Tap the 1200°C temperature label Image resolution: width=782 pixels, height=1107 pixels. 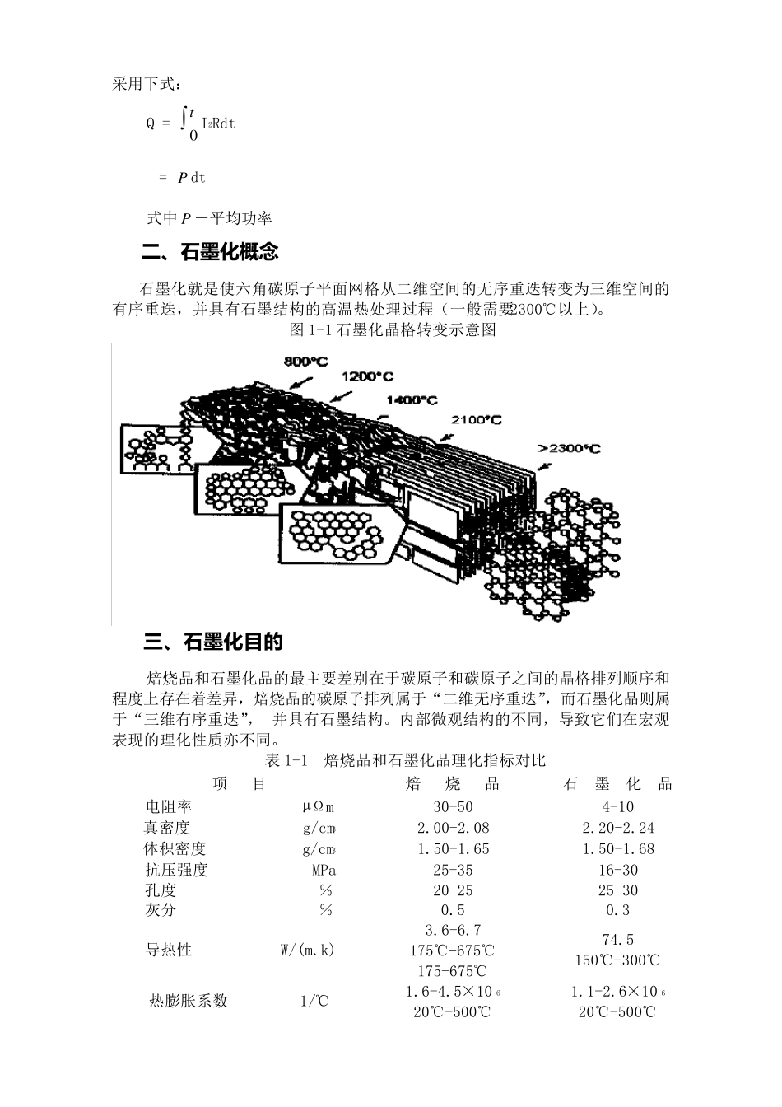tap(367, 376)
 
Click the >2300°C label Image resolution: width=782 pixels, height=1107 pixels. tap(570, 448)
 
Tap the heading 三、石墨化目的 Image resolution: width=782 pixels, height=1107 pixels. tap(213, 642)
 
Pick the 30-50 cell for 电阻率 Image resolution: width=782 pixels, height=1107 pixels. tap(453, 807)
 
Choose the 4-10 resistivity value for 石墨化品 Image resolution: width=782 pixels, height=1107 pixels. tap(617, 807)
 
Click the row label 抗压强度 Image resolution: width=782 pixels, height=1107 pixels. tap(176, 870)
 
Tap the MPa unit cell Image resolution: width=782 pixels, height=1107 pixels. tap(324, 870)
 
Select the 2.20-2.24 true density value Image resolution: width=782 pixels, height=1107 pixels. tap(617, 828)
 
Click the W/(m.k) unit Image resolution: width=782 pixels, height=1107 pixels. tap(307, 950)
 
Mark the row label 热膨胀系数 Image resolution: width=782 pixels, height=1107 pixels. tap(189, 1001)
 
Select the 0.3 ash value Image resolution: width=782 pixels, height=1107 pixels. tap(617, 910)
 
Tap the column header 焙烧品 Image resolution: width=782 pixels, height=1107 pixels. tap(453, 783)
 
